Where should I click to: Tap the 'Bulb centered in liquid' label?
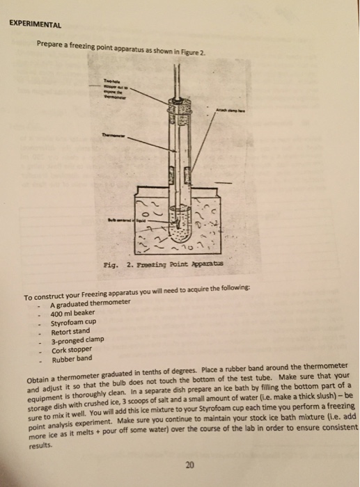(x=118, y=217)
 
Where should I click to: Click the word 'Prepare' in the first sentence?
(x=52, y=43)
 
